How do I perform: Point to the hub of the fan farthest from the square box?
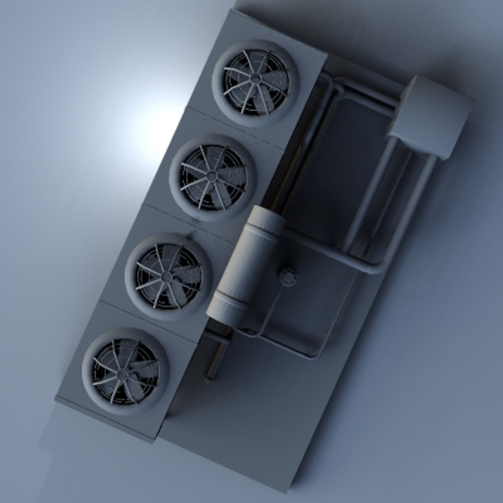123,373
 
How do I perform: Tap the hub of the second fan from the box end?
212,176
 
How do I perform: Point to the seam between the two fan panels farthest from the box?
149,321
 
